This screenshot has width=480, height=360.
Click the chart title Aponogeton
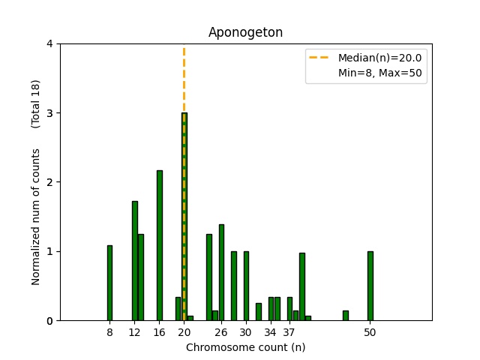tap(245, 32)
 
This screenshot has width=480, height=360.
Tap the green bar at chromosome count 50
tap(370, 286)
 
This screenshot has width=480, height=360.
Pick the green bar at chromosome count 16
tap(159, 245)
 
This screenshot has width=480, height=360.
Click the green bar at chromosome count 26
tap(221, 272)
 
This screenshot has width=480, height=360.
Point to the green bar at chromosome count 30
tap(246, 286)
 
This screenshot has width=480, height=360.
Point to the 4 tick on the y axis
tap(49, 43)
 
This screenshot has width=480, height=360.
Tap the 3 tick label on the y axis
tap(49, 113)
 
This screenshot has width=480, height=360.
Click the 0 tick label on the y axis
tap(49, 321)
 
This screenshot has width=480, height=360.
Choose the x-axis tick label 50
tap(370, 332)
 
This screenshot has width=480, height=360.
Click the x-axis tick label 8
tap(109, 332)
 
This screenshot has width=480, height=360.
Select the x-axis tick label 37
tap(289, 332)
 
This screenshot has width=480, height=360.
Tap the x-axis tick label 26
tap(221, 332)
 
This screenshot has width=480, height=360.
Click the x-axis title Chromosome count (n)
tap(245, 347)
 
